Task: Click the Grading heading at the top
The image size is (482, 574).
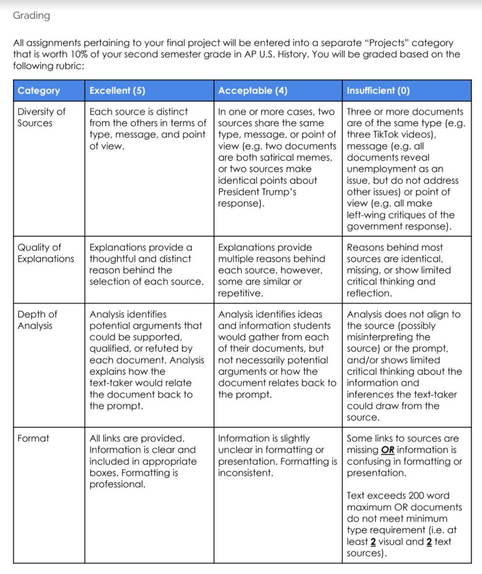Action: tap(31, 16)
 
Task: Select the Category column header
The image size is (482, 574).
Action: tap(39, 91)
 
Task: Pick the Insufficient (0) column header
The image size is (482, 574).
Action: tap(378, 91)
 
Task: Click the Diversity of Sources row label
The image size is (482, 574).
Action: tap(41, 117)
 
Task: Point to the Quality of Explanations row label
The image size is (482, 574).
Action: tap(45, 253)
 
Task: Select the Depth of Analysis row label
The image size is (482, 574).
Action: tap(37, 320)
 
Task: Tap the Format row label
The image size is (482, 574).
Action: tap(33, 438)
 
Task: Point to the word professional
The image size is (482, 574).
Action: tap(117, 484)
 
